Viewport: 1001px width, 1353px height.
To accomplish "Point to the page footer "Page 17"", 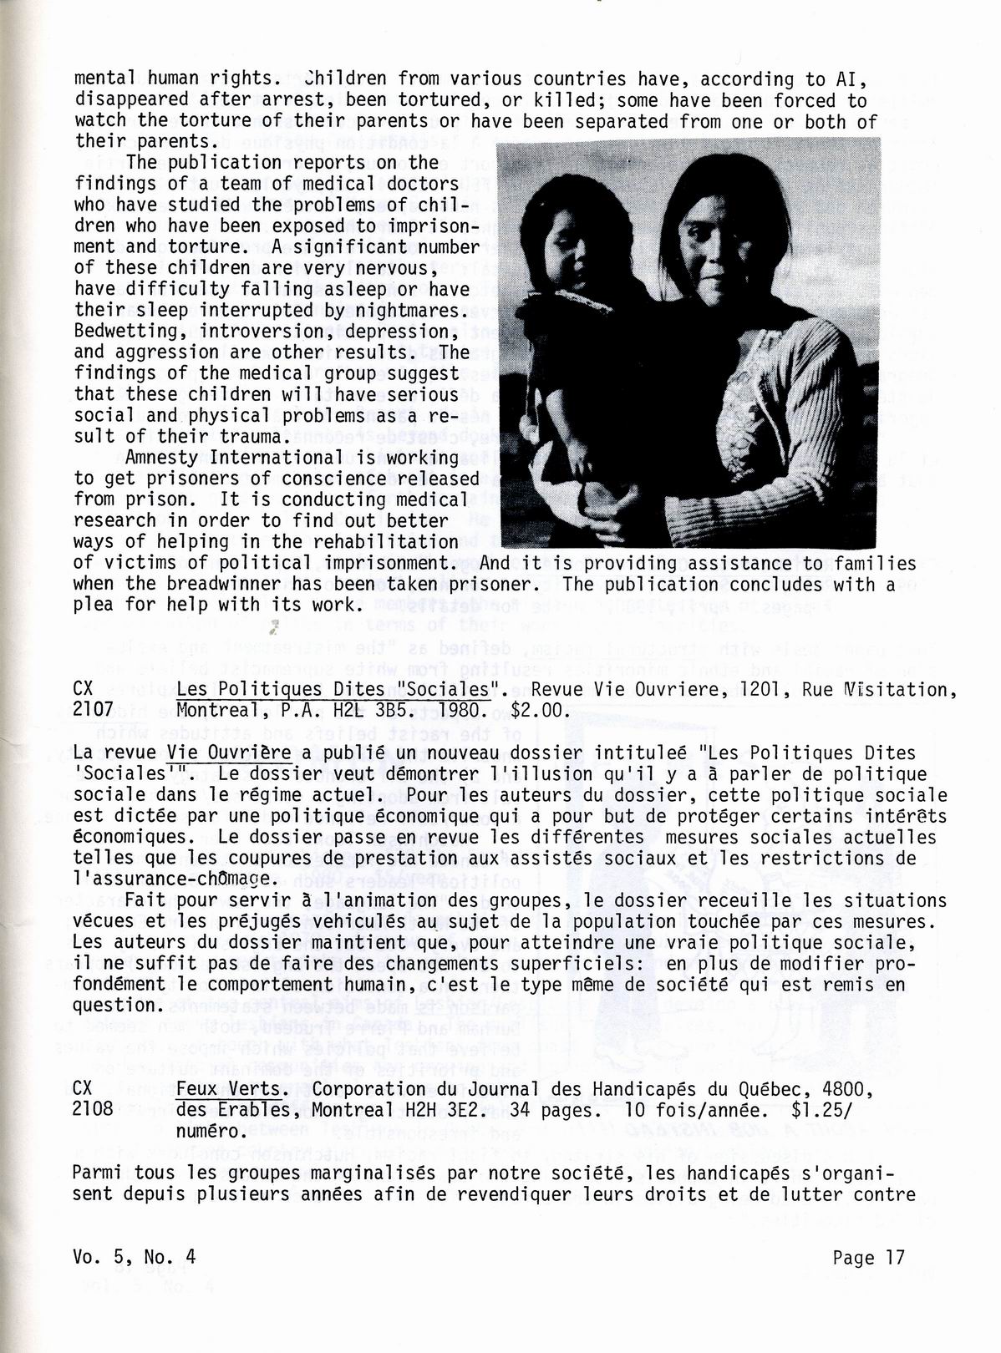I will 868,1258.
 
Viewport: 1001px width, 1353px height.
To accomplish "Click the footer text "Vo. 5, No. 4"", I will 135,1258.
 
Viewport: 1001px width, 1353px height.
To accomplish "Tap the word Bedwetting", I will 124,331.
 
